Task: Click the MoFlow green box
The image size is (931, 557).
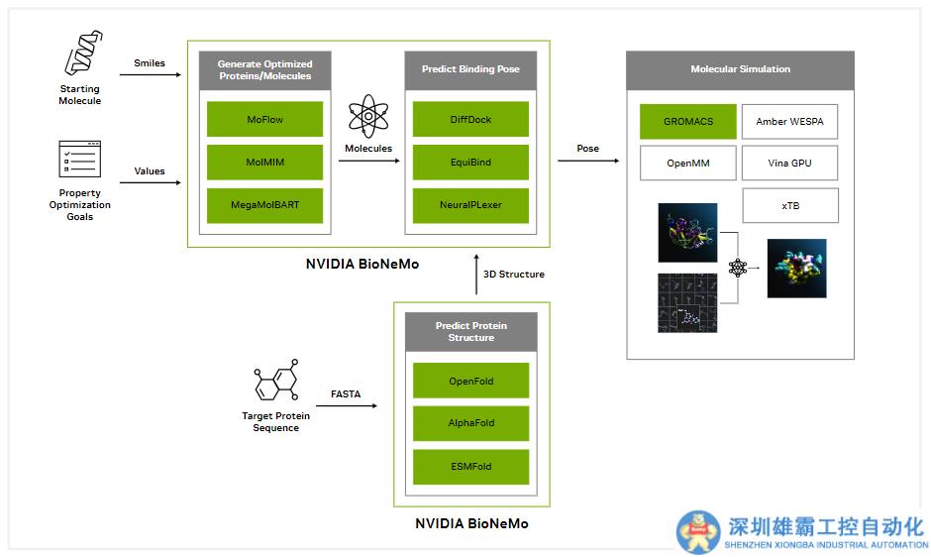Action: [264, 119]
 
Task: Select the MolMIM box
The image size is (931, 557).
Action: [264, 163]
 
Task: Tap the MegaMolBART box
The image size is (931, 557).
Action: [264, 205]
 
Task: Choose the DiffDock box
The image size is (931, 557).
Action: [470, 119]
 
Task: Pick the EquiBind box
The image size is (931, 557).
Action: [470, 163]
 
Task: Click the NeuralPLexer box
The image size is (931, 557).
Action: [470, 205]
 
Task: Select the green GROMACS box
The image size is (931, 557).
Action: [688, 121]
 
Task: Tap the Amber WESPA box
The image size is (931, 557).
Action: [789, 121]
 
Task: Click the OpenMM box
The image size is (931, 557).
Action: [688, 163]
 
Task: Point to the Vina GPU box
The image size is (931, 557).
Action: [789, 163]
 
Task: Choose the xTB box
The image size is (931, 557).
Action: [789, 205]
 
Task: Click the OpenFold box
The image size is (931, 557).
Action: [470, 381]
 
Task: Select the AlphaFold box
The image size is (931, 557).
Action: [470, 423]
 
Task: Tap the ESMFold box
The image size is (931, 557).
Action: [470, 466]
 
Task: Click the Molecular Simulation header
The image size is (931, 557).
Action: [740, 70]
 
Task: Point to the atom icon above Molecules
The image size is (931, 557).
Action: [367, 115]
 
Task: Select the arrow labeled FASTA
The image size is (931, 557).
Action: [347, 405]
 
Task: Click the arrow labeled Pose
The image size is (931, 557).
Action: [587, 161]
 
